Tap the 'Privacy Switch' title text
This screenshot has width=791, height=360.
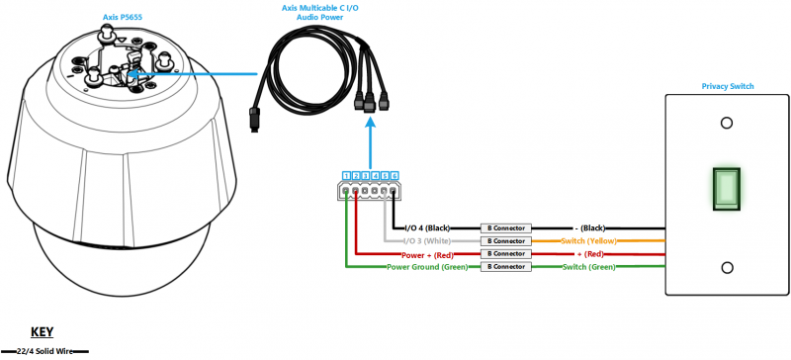point(728,87)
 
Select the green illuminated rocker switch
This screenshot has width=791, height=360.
point(727,189)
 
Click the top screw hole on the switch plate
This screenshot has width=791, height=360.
point(727,124)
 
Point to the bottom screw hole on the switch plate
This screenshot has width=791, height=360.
point(727,267)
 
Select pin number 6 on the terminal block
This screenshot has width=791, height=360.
point(395,175)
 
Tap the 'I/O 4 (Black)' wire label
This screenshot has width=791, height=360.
point(427,227)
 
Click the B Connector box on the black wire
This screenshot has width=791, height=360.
point(503,227)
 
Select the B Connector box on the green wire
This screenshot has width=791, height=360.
point(503,266)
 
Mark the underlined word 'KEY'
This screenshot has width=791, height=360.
point(41,333)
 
